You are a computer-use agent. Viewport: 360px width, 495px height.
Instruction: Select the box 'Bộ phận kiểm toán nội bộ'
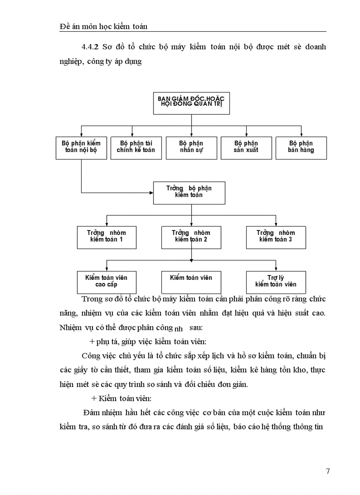tap(82, 147)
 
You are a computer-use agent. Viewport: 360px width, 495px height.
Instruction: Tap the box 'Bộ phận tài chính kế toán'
tap(135, 147)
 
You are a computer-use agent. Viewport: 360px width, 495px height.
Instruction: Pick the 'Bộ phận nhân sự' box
tap(191, 147)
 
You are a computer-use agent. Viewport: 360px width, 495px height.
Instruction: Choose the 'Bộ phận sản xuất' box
tap(246, 147)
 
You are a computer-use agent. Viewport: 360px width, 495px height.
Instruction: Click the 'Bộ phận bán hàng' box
tap(301, 147)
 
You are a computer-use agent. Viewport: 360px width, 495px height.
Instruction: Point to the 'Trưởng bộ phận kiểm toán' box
tap(189, 192)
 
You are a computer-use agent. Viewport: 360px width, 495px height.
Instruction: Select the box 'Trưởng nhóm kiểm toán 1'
tap(106, 237)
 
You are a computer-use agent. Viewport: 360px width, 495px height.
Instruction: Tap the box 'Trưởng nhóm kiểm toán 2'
tap(191, 237)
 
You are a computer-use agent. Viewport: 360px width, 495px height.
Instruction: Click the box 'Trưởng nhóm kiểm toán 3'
tap(276, 237)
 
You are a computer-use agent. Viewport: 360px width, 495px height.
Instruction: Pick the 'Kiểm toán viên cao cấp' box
tap(106, 282)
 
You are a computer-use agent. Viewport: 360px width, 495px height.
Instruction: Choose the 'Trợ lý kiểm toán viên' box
tap(276, 282)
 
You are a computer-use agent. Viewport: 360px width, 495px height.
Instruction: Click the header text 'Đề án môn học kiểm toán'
tap(103, 27)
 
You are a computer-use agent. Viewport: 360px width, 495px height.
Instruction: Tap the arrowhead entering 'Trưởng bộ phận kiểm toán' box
tap(151, 193)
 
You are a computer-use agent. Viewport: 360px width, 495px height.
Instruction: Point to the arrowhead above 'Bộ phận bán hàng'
tap(301, 134)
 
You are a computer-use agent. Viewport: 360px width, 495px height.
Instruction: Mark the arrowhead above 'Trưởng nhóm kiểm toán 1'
tap(106, 224)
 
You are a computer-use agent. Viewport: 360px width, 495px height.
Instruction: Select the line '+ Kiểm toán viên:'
tap(121, 398)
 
